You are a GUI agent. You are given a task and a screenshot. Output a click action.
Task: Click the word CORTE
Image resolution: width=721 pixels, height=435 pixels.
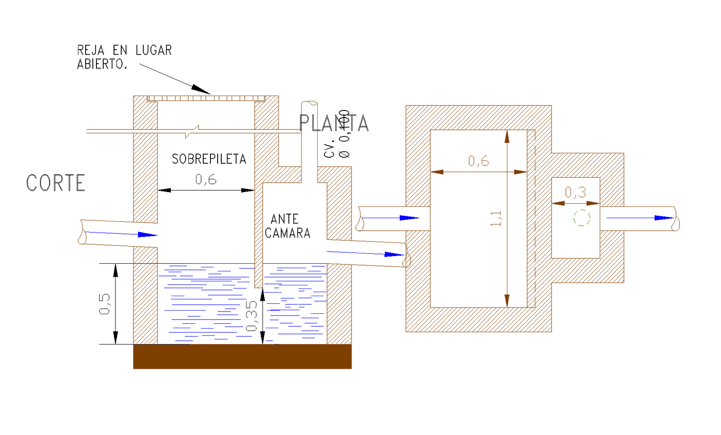click(55, 183)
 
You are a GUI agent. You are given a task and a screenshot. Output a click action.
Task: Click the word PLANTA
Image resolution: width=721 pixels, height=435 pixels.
click(334, 123)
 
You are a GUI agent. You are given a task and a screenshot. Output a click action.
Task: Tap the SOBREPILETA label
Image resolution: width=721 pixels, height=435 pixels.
click(209, 159)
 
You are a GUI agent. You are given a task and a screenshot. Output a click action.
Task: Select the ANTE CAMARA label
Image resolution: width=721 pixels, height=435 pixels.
click(287, 226)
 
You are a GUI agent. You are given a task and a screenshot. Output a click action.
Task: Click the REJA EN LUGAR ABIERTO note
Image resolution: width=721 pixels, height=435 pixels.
click(124, 57)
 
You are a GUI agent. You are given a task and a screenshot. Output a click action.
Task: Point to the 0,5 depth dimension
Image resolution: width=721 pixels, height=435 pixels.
click(105, 304)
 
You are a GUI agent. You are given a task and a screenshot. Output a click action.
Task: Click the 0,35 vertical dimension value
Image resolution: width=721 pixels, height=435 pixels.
click(252, 316)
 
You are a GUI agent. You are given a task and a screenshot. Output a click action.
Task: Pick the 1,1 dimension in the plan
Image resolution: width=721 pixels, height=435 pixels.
click(496, 219)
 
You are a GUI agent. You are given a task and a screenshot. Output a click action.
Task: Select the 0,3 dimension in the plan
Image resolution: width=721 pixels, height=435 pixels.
click(575, 193)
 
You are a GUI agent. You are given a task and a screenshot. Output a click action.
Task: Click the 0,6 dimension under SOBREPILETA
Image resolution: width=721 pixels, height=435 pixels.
click(205, 180)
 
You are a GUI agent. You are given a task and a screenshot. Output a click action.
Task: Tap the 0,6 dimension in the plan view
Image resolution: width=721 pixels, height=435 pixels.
click(478, 161)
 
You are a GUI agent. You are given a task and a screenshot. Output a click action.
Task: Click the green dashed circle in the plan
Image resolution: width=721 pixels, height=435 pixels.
click(582, 218)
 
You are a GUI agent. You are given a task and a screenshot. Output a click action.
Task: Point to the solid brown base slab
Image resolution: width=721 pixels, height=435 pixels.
click(242, 357)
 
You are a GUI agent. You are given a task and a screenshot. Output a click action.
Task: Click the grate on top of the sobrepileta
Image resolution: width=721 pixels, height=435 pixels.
click(206, 98)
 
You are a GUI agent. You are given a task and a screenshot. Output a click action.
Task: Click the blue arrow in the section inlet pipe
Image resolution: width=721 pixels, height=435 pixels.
click(147, 235)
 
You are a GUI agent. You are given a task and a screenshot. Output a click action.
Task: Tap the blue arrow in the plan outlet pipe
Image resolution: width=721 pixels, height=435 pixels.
click(663, 218)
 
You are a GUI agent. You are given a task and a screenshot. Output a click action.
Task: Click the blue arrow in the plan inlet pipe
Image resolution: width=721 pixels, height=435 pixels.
click(409, 218)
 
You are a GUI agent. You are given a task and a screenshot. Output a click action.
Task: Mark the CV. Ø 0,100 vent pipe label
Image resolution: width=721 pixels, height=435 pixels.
click(337, 134)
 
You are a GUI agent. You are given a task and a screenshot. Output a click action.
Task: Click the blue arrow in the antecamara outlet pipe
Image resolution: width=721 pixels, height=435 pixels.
click(393, 255)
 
